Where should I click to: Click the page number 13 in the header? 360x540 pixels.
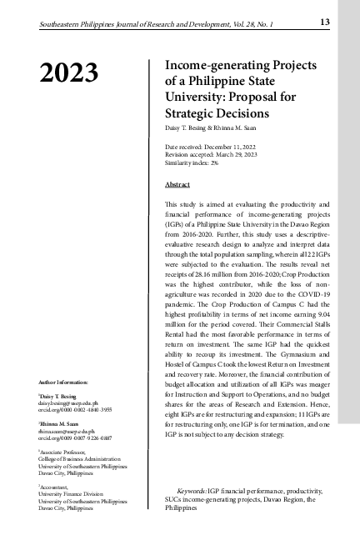pos(325,20)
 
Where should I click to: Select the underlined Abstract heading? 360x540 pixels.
pos(177,183)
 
